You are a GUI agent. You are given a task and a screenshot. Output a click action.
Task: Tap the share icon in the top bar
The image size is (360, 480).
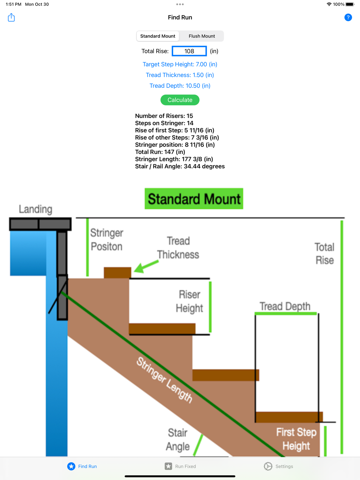pos(12,17)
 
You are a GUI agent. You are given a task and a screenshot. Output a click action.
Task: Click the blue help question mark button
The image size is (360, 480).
pos(348,17)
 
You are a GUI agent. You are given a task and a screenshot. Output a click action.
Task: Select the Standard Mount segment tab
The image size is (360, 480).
pos(158,36)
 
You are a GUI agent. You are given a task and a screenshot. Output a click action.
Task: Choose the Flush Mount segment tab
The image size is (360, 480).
pos(202,36)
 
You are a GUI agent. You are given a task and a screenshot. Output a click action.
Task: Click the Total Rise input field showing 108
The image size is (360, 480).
pos(189,51)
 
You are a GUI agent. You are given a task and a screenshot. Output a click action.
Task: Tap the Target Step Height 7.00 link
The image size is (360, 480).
pos(180,64)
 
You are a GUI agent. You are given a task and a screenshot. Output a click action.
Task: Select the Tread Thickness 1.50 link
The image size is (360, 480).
pos(180,75)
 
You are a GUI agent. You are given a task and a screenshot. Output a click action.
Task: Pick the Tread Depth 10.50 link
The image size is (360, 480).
pos(180,86)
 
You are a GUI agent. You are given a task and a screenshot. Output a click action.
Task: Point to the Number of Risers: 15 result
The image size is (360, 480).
pos(164,116)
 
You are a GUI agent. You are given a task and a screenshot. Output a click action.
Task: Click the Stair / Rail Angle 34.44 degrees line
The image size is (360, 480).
pos(180,166)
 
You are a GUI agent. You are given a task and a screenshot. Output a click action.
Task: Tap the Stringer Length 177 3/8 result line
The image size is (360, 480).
pos(174,159)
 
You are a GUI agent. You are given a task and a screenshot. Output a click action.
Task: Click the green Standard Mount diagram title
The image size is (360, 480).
pos(194,199)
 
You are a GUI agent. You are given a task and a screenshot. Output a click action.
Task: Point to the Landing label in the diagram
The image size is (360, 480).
pos(36,209)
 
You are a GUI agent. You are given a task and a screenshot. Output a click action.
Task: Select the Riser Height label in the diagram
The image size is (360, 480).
pos(189,301)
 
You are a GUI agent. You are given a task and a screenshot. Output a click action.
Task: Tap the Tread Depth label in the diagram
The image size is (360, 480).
pos(285,306)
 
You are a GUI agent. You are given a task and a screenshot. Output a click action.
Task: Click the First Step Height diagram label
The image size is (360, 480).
pos(296,439)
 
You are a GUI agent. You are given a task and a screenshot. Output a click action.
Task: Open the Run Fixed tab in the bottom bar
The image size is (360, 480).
pos(180,466)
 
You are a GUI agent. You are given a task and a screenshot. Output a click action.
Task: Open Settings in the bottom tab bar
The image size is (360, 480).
pos(278,466)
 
